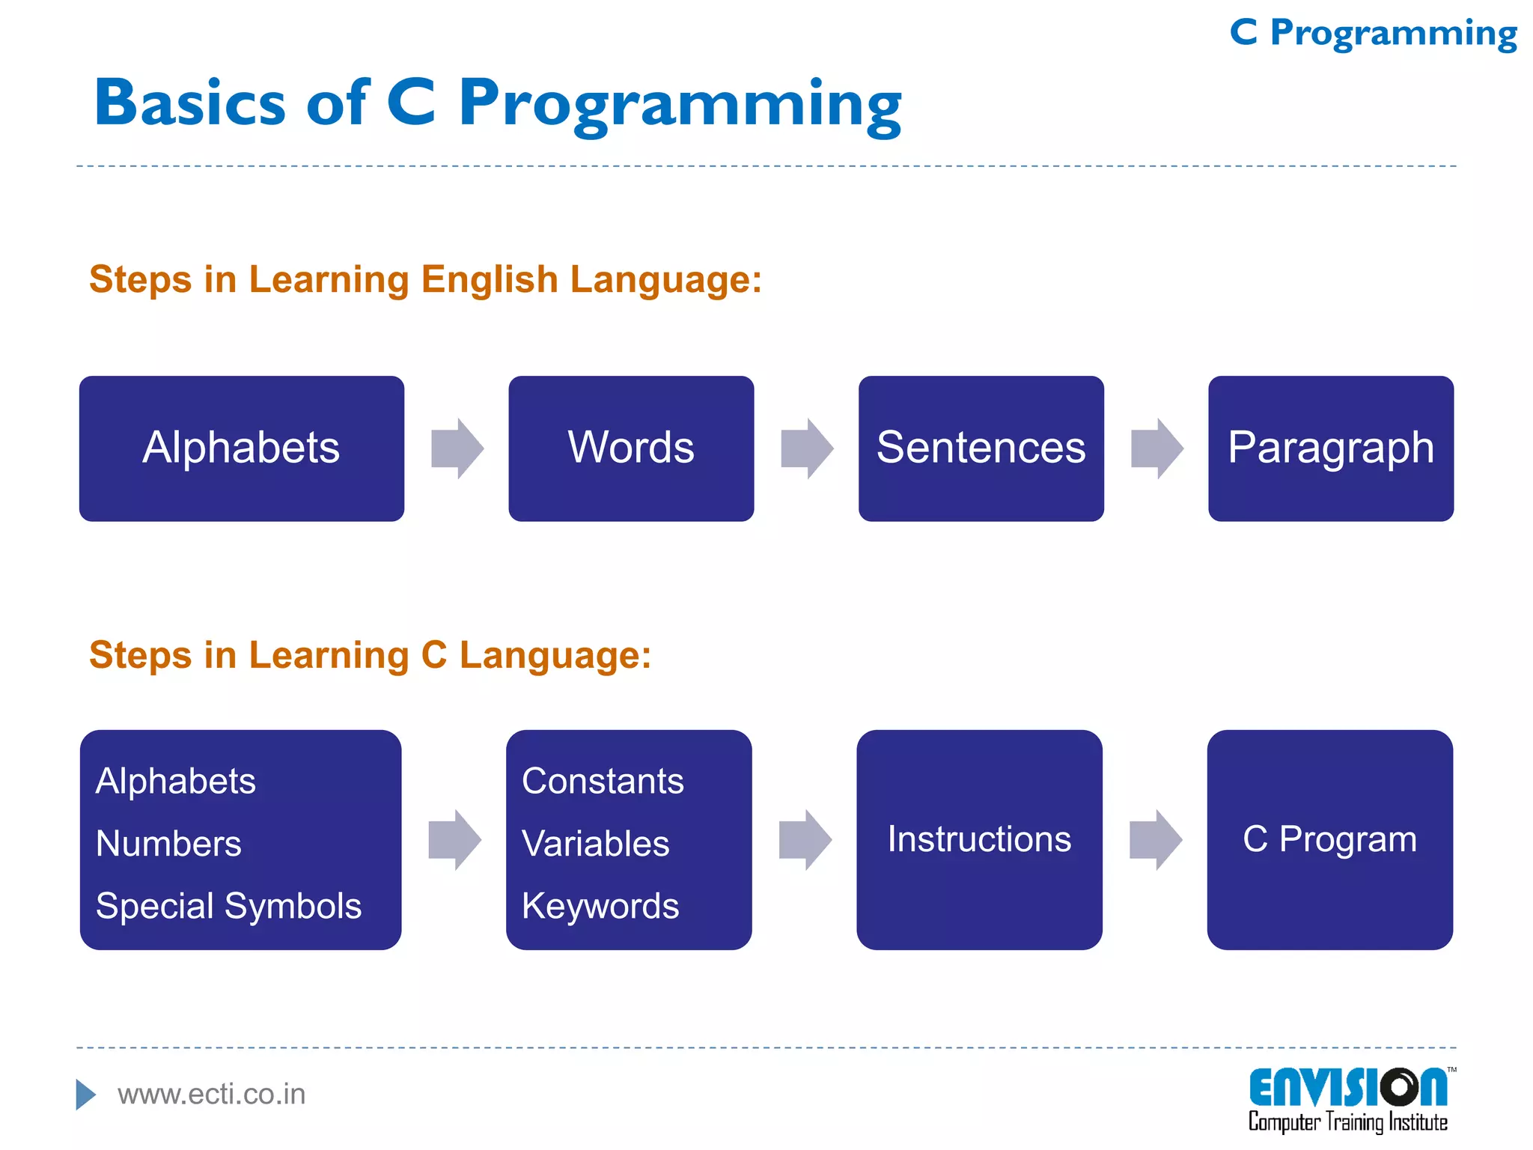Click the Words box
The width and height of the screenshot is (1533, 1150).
[631, 448]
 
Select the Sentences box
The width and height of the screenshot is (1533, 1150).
[981, 448]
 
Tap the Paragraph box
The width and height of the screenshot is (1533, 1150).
[1330, 448]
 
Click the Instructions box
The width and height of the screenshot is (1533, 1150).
[979, 839]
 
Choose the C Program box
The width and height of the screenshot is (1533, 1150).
[1329, 839]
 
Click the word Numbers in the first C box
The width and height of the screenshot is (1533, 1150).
[169, 844]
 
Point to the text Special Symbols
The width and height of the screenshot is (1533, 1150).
[228, 906]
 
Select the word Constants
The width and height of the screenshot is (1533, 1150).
[603, 782]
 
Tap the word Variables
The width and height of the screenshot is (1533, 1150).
[595, 844]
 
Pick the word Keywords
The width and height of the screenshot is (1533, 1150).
[600, 906]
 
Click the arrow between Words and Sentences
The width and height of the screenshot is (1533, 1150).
[807, 448]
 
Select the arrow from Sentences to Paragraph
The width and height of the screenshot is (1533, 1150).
[1156, 448]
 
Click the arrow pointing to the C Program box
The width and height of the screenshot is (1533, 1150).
[1155, 839]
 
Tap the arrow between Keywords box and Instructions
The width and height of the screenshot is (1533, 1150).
[805, 839]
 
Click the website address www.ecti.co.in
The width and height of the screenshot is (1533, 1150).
[211, 1095]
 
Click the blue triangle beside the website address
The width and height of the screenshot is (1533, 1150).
[85, 1095]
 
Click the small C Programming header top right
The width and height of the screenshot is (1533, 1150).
[1373, 34]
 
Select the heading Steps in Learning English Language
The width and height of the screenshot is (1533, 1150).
[424, 279]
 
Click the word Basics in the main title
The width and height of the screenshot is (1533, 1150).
[190, 103]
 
